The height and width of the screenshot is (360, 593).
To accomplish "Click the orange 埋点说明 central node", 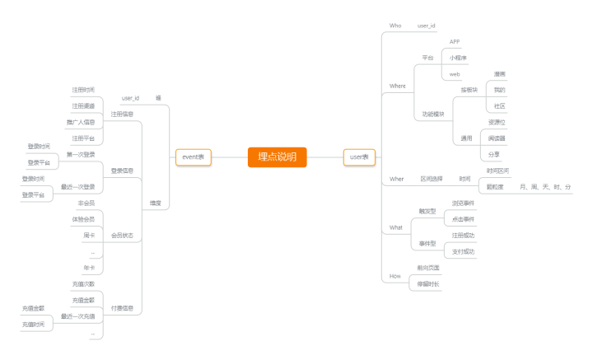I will point(277,157).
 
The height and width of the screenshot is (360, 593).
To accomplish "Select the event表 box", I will point(194,157).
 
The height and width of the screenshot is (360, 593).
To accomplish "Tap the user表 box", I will point(358,157).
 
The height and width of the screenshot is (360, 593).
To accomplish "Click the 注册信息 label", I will point(122,114).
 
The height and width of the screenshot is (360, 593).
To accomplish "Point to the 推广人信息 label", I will point(81,122).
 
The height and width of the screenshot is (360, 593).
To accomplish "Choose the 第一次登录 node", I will point(81,154).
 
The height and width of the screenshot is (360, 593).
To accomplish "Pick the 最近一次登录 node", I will point(77,187).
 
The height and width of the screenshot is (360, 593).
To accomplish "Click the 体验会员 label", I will point(82,219).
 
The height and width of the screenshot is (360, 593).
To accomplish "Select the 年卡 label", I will point(88,268).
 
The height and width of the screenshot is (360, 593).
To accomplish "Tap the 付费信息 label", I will point(122,308).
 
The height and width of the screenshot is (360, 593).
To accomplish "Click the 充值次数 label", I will point(83,284).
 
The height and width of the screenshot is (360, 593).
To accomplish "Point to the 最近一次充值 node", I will point(77,316).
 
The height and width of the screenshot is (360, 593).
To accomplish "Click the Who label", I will point(395,26).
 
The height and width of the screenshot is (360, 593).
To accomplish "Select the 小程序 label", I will point(458,58).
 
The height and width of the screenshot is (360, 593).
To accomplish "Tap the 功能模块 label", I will point(432,114).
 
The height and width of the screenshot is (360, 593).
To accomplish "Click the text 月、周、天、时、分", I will point(545,187).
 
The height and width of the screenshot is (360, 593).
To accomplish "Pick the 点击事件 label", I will point(463,219).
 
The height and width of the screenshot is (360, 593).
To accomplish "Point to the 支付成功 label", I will point(463,251).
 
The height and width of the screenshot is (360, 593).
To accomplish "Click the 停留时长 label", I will point(428,284).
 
